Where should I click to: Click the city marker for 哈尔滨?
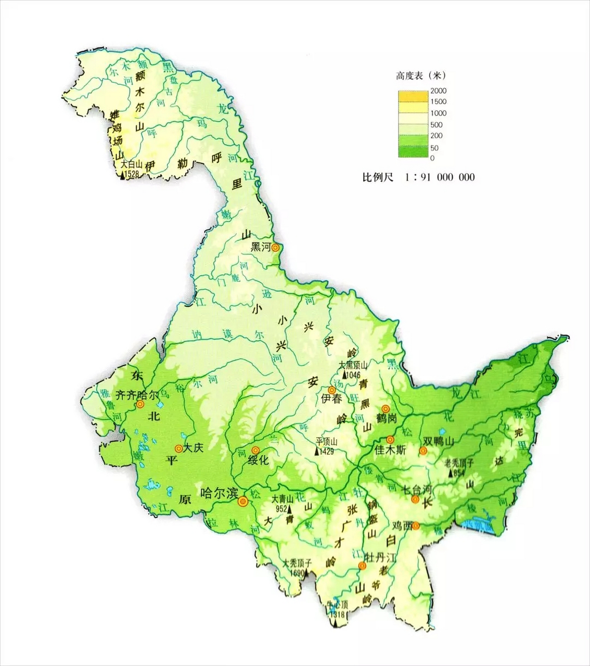point(242,502)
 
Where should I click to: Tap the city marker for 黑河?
point(275,248)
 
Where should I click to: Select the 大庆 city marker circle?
point(178,448)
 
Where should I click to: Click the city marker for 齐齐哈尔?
point(140,404)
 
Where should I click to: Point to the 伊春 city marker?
point(331,390)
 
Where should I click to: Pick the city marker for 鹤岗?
point(385,408)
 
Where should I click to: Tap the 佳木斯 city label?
point(390,451)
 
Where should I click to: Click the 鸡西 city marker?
point(416,526)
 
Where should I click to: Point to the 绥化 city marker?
point(255,450)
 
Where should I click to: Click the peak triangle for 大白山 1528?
point(122,176)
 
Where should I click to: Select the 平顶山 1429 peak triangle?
point(316,451)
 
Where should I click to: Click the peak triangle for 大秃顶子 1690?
point(306,573)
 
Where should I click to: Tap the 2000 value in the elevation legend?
point(438,91)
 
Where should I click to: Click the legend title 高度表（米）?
point(421,75)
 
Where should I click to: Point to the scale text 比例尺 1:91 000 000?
point(418,177)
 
